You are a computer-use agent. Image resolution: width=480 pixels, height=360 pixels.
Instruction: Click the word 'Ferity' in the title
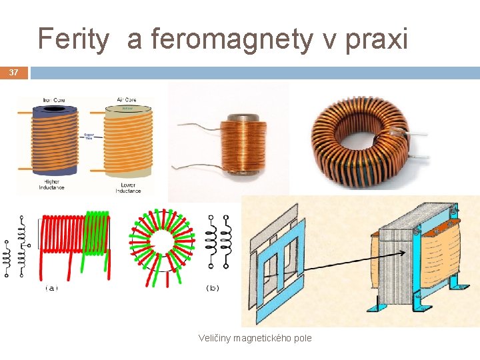tap(73, 39)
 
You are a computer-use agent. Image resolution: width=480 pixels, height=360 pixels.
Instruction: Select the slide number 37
tap(13, 72)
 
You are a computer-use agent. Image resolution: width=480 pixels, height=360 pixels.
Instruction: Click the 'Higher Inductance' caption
tap(51, 185)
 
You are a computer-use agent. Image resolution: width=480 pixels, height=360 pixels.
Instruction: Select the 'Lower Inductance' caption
tap(128, 188)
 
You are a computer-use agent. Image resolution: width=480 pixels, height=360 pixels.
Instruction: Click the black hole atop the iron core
tap(55, 108)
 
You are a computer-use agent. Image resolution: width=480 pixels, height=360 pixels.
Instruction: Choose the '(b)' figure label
tap(213, 288)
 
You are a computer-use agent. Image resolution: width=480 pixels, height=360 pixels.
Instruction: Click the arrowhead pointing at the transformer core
tap(405, 253)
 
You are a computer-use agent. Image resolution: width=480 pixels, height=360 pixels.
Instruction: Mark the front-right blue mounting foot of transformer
tap(461, 284)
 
